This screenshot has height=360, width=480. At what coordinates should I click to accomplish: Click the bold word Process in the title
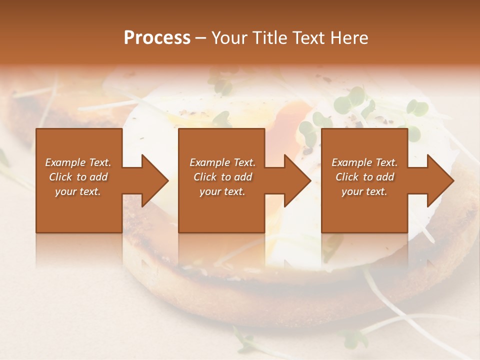click(157, 38)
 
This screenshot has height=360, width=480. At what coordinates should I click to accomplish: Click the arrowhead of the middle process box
click(297, 180)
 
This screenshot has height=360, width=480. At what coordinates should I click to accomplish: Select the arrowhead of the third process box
click(440, 180)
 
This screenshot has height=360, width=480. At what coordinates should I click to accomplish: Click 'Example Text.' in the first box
click(78, 162)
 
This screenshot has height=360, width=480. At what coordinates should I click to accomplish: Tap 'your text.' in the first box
click(78, 191)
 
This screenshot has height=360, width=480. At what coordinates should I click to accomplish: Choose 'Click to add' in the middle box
click(222, 177)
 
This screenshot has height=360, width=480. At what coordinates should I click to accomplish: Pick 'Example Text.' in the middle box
click(222, 162)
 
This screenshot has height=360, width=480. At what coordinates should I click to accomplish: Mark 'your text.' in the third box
click(364, 191)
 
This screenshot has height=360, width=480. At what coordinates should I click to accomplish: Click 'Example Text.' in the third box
click(364, 162)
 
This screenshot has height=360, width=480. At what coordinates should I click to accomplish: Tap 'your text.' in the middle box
click(222, 191)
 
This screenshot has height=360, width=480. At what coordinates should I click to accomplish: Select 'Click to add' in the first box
click(78, 177)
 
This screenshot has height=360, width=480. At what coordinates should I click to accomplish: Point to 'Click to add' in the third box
click(364, 177)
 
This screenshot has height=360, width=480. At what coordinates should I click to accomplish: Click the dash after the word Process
click(201, 38)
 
